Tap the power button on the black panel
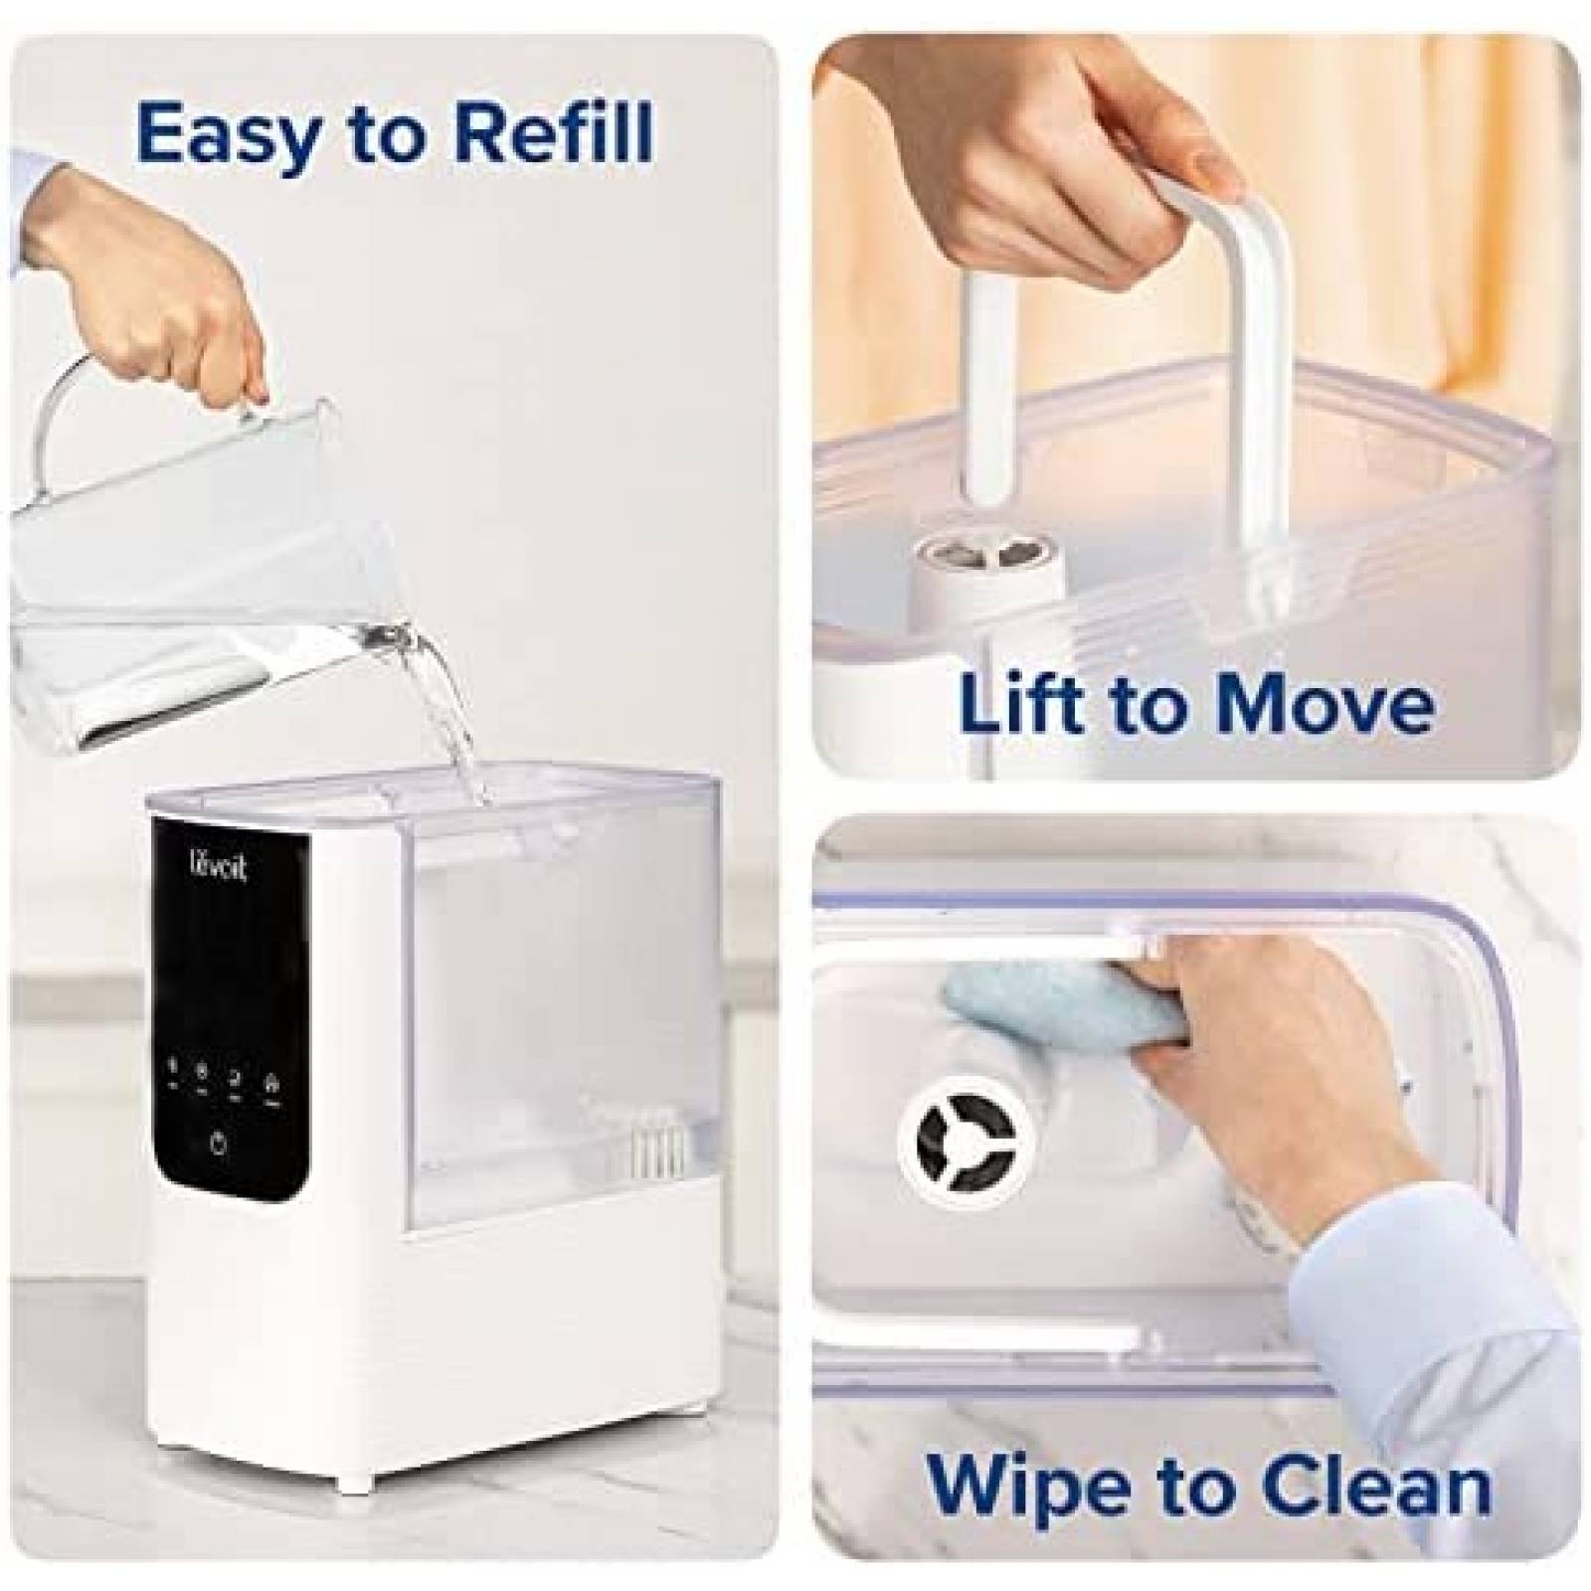[218, 1144]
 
